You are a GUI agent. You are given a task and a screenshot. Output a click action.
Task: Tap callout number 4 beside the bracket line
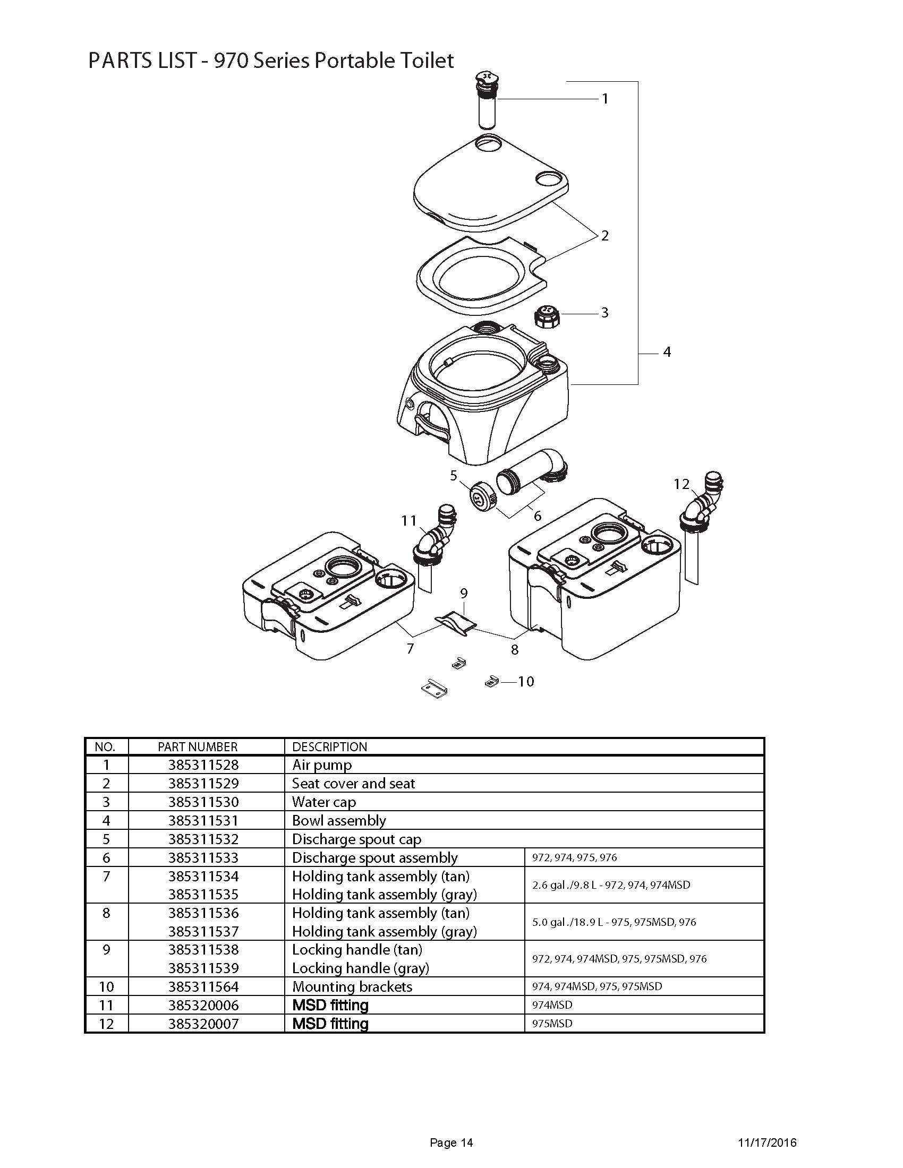pos(667,352)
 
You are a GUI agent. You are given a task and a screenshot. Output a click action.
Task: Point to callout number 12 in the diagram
pos(681,484)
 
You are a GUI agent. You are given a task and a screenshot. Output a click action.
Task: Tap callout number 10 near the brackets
pos(526,681)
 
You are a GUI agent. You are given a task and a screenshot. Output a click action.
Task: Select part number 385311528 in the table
pos(203,765)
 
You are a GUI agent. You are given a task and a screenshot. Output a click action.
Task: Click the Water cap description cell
pos(323,802)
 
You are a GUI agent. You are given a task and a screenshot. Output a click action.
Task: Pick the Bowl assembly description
pos(339,820)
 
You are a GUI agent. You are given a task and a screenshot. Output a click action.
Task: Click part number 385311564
pos(203,986)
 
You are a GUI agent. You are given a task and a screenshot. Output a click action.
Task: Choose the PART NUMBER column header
pos(198,746)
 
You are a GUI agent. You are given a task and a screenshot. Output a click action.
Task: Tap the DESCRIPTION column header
pos(329,746)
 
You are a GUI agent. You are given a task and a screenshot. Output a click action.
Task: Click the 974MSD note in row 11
pos(552,1005)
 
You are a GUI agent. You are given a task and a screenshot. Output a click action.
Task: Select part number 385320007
pos(203,1024)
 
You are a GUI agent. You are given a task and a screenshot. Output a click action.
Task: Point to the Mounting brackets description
pos(352,986)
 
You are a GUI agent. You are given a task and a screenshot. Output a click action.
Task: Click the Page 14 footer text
pos(451,1143)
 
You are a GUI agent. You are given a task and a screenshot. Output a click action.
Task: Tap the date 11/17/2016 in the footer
pos(767,1143)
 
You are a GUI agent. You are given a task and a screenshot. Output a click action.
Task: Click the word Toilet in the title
pos(427,61)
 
